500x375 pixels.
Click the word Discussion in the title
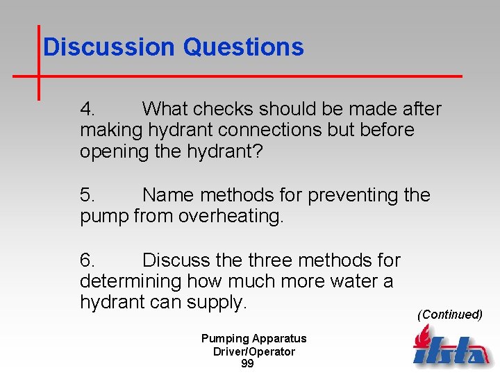[x=109, y=47]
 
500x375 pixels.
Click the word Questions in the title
[x=243, y=47]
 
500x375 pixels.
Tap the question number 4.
[x=88, y=109]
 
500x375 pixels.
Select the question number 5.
[x=88, y=195]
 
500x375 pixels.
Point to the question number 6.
[x=88, y=260]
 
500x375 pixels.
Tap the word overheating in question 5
[x=231, y=216]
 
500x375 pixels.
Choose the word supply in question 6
[x=220, y=303]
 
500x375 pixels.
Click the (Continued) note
[x=449, y=315]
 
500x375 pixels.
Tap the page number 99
[x=247, y=364]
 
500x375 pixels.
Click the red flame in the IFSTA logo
[x=422, y=339]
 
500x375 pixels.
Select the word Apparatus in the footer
[x=279, y=339]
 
